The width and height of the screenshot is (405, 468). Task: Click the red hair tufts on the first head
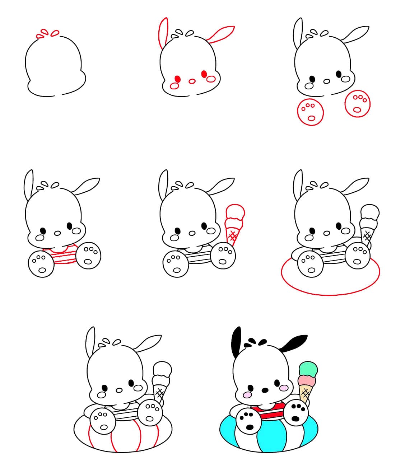point(48,33)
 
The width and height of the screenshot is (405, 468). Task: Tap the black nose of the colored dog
point(265,390)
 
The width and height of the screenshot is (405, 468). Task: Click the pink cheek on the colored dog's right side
point(284,388)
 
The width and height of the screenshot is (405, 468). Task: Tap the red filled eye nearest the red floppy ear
point(204,74)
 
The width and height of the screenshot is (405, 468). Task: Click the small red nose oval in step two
point(192,81)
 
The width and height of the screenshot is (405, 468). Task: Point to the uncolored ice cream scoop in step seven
point(162,370)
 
